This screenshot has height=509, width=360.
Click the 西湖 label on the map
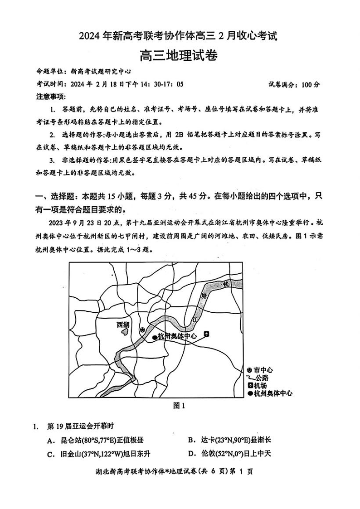(123, 325)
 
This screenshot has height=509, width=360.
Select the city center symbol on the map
(142, 330)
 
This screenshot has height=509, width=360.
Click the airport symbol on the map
(207, 334)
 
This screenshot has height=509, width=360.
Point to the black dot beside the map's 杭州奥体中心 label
(155, 337)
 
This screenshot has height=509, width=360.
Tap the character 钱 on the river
(225, 284)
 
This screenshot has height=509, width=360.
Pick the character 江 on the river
(195, 320)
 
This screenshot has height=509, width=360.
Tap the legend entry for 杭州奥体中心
(270, 393)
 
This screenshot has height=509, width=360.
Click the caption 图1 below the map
(180, 406)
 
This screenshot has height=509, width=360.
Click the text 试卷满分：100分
(294, 84)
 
